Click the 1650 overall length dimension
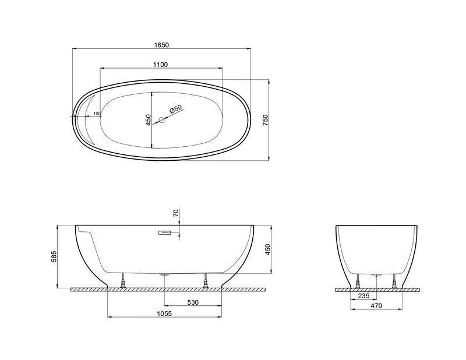162,45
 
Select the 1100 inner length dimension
161,65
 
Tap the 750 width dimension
266,120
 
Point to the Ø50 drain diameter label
175,109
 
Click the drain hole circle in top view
162,120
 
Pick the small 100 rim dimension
97,114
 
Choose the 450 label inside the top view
149,120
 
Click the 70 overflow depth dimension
176,213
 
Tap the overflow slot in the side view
164,232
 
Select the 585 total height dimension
54,256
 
